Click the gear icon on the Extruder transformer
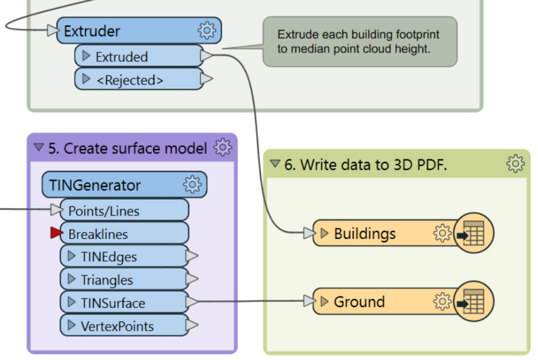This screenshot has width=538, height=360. pyautogui.click(x=206, y=31)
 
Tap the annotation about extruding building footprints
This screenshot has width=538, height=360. pyautogui.click(x=359, y=42)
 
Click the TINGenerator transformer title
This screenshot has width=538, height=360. pyautogui.click(x=95, y=185)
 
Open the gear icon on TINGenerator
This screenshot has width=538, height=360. pyautogui.click(x=192, y=184)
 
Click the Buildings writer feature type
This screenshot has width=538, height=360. pyautogui.click(x=365, y=233)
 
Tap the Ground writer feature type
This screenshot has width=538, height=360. pyautogui.click(x=359, y=301)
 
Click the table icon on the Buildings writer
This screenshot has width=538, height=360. pyautogui.click(x=473, y=233)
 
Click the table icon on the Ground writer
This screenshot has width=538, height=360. pyautogui.click(x=473, y=301)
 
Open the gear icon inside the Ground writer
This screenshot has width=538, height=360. pyautogui.click(x=442, y=301)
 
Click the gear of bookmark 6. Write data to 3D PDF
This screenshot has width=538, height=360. pyautogui.click(x=515, y=164)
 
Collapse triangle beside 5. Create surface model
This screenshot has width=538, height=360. pyautogui.click(x=39, y=147)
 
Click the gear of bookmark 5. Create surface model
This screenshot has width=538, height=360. pyautogui.click(x=222, y=147)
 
